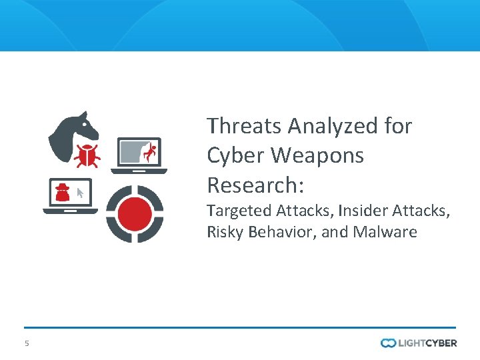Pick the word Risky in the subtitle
(x=225, y=232)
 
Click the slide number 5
(x=27, y=343)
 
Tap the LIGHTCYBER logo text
(x=427, y=343)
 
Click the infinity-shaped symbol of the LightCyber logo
(x=389, y=343)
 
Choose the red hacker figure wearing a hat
(x=62, y=192)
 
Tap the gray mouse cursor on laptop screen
(x=80, y=193)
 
